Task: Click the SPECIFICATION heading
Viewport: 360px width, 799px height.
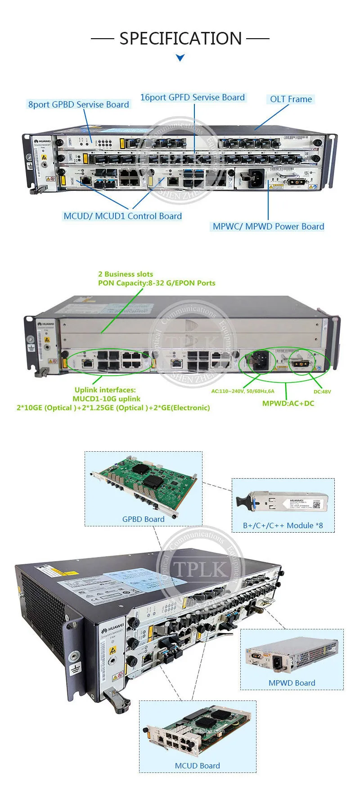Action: pos(180,39)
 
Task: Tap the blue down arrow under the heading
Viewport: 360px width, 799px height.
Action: pos(180,58)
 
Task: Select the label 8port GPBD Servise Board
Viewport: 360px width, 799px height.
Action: pos(79,104)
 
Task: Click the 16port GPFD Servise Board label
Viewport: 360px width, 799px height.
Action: pos(193,97)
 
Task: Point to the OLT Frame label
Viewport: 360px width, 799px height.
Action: pos(291,99)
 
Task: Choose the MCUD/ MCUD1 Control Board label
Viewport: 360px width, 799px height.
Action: pos(122,216)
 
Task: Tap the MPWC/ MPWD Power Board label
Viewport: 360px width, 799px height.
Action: pos(268,226)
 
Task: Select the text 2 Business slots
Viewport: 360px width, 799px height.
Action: pos(126,274)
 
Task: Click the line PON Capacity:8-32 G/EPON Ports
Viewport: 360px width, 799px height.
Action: pos(157,283)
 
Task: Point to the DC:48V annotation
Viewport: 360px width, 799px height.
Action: pos(322,392)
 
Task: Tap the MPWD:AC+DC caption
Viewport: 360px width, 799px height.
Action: pos(288,403)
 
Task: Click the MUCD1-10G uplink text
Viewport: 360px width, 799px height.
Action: pos(107,399)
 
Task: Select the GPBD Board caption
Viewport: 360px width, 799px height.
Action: pos(143,519)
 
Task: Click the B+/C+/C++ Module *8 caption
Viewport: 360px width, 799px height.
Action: pos(283,525)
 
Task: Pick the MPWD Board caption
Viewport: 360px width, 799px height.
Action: pos(292,683)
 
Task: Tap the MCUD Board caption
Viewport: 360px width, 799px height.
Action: pos(197,766)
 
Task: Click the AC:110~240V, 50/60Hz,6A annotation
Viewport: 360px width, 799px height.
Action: pos(243,391)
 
